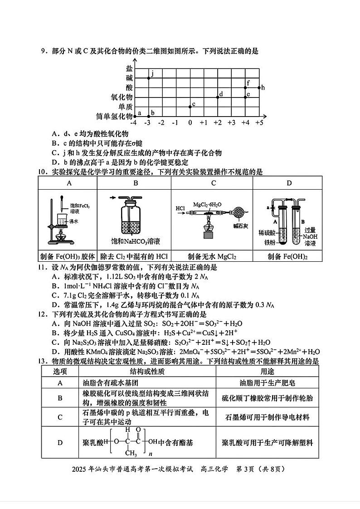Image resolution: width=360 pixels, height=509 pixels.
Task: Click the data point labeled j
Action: point(149,78)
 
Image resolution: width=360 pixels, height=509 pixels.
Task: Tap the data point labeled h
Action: point(259,87)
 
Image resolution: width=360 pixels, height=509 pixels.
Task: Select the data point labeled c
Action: point(190,107)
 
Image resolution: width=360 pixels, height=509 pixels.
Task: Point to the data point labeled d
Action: point(218,97)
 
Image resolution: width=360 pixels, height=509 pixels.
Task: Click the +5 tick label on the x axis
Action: point(259,123)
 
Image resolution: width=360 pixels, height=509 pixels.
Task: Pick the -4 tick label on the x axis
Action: point(133,123)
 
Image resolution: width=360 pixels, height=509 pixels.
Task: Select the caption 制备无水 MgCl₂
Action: point(212,256)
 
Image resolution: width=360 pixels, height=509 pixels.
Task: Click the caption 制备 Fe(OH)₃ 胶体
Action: point(68,256)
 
